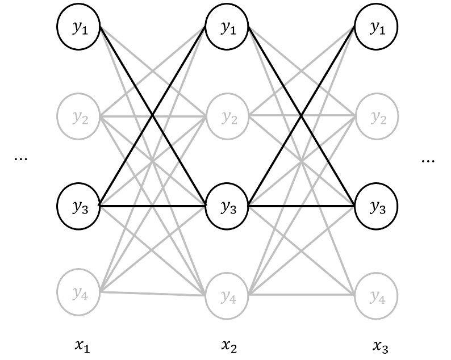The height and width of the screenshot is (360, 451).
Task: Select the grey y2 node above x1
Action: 78,118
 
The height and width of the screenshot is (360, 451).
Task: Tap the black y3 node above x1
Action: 78,205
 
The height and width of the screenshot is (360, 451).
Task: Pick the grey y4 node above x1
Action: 78,293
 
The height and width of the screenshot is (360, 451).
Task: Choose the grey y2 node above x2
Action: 227,118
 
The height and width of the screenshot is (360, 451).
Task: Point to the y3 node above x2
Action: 227,206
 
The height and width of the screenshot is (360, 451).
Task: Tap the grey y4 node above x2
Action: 227,294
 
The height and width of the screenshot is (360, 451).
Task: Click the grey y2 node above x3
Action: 375,118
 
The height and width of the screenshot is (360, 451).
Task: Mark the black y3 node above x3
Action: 375,206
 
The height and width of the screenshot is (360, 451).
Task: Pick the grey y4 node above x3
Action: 375,294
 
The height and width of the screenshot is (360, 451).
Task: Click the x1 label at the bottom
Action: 82,344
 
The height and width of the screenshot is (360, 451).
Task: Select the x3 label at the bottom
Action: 381,344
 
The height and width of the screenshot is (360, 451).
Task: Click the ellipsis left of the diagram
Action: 21,160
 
